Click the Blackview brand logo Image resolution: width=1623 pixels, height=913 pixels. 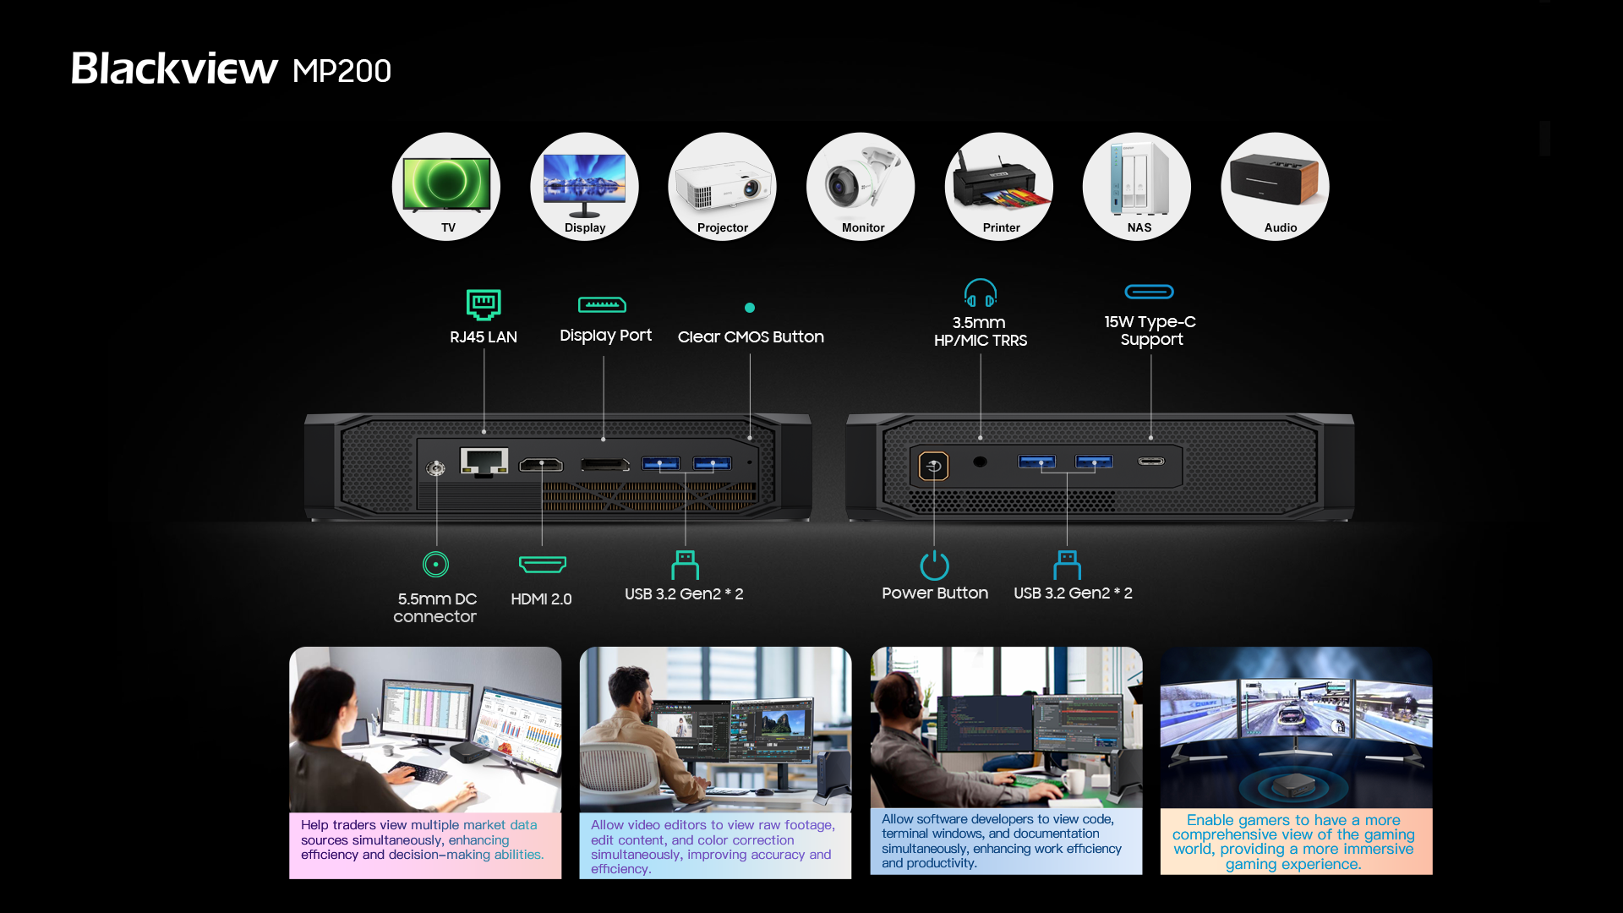pos(174,68)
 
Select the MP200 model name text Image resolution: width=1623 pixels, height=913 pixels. pos(342,71)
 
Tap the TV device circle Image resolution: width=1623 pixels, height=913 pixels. pos(446,187)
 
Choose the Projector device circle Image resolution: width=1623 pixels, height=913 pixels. pos(722,187)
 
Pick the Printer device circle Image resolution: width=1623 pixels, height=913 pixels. pos(999,187)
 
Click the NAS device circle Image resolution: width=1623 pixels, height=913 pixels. pos(1137,187)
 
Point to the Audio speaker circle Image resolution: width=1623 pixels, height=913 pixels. pos(1275,187)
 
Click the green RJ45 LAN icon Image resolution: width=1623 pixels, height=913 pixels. pos(484,304)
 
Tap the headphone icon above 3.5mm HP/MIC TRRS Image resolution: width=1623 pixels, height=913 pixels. pos(981,293)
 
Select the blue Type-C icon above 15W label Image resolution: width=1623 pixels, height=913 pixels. pos(1150,292)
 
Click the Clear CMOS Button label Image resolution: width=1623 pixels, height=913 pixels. pos(751,336)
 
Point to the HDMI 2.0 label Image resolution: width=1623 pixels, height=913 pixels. pos(541,599)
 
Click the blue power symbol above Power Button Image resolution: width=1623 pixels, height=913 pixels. pos(934,565)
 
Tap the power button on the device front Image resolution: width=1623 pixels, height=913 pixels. pos(934,466)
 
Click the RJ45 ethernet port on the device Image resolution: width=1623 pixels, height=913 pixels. pos(484,462)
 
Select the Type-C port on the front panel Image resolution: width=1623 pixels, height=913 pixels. pos(1151,462)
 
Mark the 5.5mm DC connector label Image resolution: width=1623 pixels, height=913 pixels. pos(435,608)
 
